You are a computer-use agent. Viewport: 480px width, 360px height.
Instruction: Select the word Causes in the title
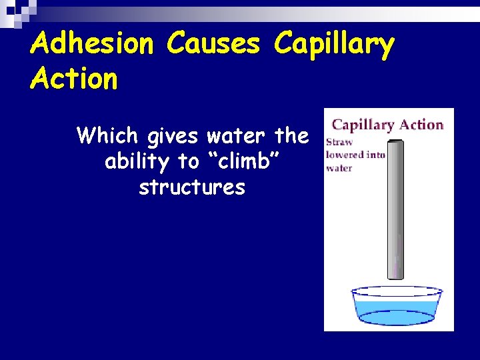coord(213,44)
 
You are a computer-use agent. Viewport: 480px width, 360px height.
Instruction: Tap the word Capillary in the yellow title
coord(333,45)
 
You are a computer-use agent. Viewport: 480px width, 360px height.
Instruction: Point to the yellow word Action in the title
coord(73,79)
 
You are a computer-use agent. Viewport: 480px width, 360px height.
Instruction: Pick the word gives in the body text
coord(173,137)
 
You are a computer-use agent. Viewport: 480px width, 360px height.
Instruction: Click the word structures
coord(192,187)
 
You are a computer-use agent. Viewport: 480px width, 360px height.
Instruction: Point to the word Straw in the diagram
coord(339,142)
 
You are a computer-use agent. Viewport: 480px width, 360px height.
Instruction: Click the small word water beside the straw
coord(339,168)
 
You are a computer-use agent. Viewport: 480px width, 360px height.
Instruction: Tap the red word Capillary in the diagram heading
coord(364,125)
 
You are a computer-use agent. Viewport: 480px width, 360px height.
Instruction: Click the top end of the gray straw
coord(395,141)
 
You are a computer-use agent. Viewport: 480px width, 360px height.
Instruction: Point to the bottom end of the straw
coord(395,276)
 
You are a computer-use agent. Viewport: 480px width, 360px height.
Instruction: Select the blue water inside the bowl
coord(396,311)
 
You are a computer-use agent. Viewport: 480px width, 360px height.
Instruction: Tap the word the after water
coord(291,136)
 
